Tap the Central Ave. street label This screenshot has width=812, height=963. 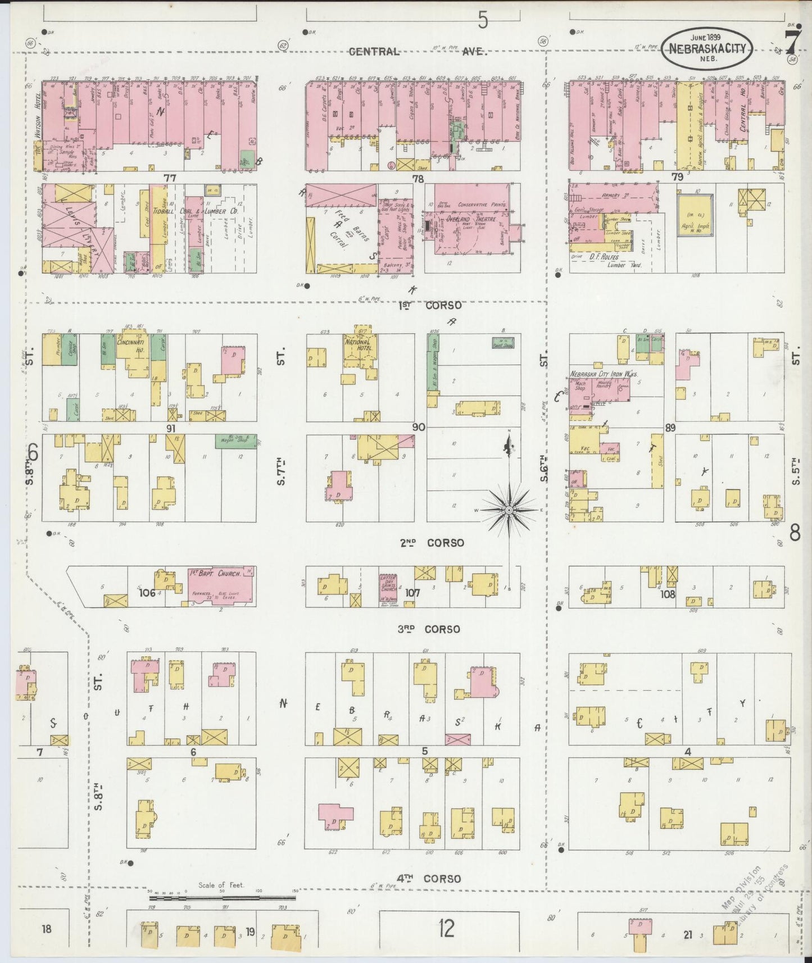click(x=416, y=52)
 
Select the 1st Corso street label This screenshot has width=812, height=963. click(x=430, y=305)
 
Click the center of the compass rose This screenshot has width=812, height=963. click(x=509, y=510)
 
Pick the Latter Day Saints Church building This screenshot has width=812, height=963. click(x=388, y=588)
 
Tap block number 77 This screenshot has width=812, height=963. click(x=170, y=178)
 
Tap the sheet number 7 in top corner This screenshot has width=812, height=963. click(x=792, y=40)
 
